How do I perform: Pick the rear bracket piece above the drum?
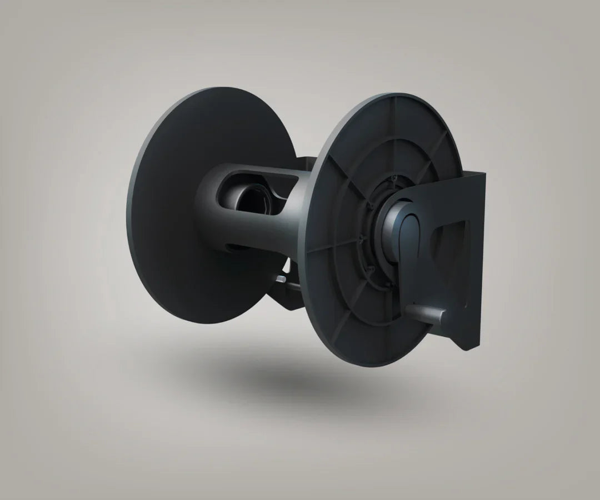303,162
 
